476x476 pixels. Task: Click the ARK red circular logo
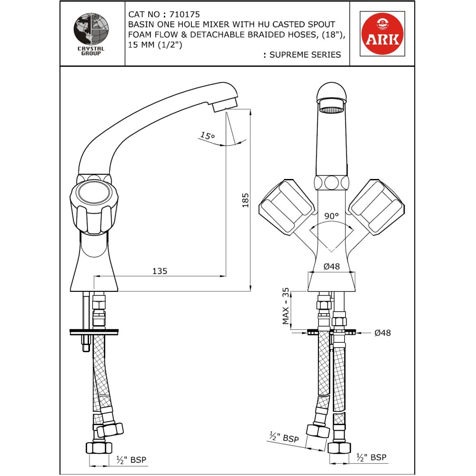[382, 33]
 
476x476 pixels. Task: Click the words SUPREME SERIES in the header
[305, 55]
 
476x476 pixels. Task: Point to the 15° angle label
[207, 136]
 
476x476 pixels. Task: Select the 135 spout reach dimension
[159, 271]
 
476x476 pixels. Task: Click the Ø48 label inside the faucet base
[331, 267]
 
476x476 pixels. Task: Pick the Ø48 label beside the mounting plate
[382, 333]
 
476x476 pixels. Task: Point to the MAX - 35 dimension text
[286, 307]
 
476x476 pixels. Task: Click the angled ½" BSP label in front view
[284, 437]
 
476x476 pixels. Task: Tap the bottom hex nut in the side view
[99, 448]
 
